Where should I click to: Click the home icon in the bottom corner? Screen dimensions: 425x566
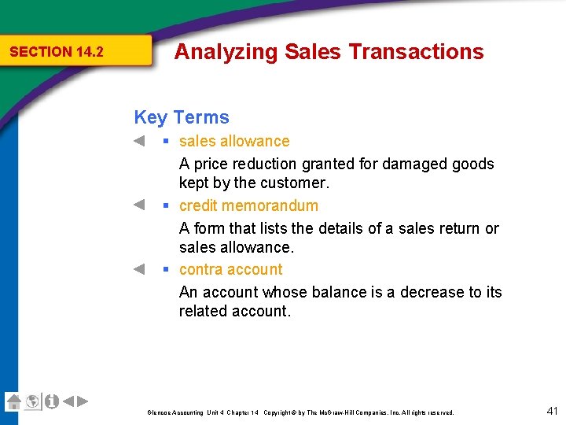tap(13, 401)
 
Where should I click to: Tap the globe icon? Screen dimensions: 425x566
tap(32, 401)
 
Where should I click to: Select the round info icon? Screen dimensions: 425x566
tap(51, 401)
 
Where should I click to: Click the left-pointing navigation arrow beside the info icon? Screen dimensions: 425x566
tap(68, 401)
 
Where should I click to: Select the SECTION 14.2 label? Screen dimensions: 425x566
tap(57, 52)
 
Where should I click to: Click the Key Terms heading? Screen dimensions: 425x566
tap(182, 117)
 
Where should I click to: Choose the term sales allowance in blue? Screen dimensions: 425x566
tap(234, 141)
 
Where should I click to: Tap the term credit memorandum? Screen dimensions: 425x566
tap(248, 205)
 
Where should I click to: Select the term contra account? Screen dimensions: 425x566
tap(230, 269)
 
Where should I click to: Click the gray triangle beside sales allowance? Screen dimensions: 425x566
tap(138, 141)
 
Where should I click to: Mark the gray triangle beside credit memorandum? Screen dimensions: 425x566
tap(138, 205)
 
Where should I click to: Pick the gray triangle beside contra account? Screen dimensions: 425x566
tap(138, 269)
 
